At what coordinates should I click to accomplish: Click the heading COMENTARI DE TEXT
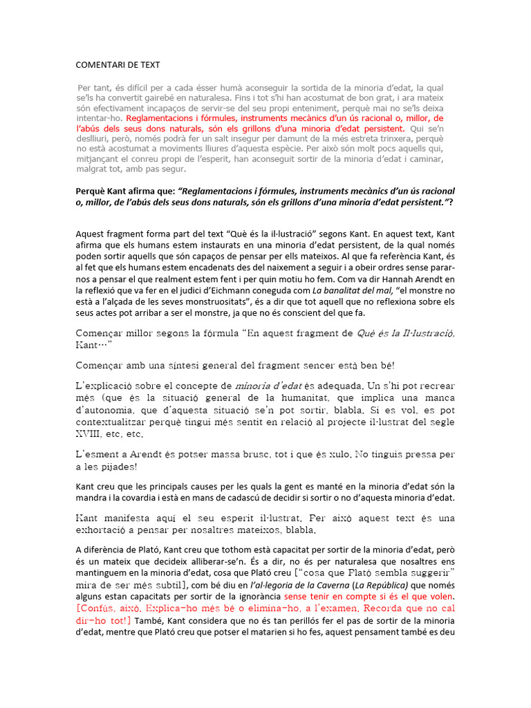118,65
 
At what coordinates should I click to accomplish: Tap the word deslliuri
96,138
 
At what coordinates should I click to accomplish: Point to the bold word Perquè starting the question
92,191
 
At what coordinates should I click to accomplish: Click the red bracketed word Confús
101,608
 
